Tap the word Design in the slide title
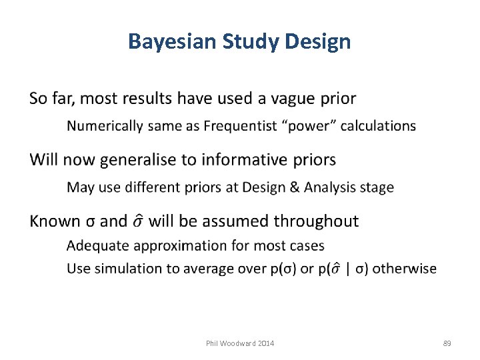click(317, 42)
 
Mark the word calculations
click(378, 126)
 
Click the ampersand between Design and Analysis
click(293, 187)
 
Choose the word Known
click(53, 221)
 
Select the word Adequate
click(99, 245)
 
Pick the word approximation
click(181, 246)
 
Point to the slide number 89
click(447, 343)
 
